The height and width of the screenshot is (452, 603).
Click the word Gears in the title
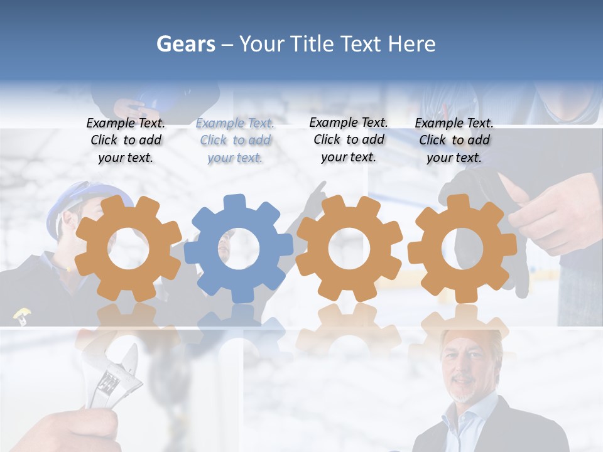coord(185,44)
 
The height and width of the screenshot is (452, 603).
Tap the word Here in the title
coord(411,44)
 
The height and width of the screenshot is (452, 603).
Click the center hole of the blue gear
coord(239,249)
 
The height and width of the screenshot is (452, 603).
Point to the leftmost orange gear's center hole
coord(128,249)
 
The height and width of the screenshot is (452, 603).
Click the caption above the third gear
coord(349,139)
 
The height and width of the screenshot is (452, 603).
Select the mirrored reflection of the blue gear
coord(239,326)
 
